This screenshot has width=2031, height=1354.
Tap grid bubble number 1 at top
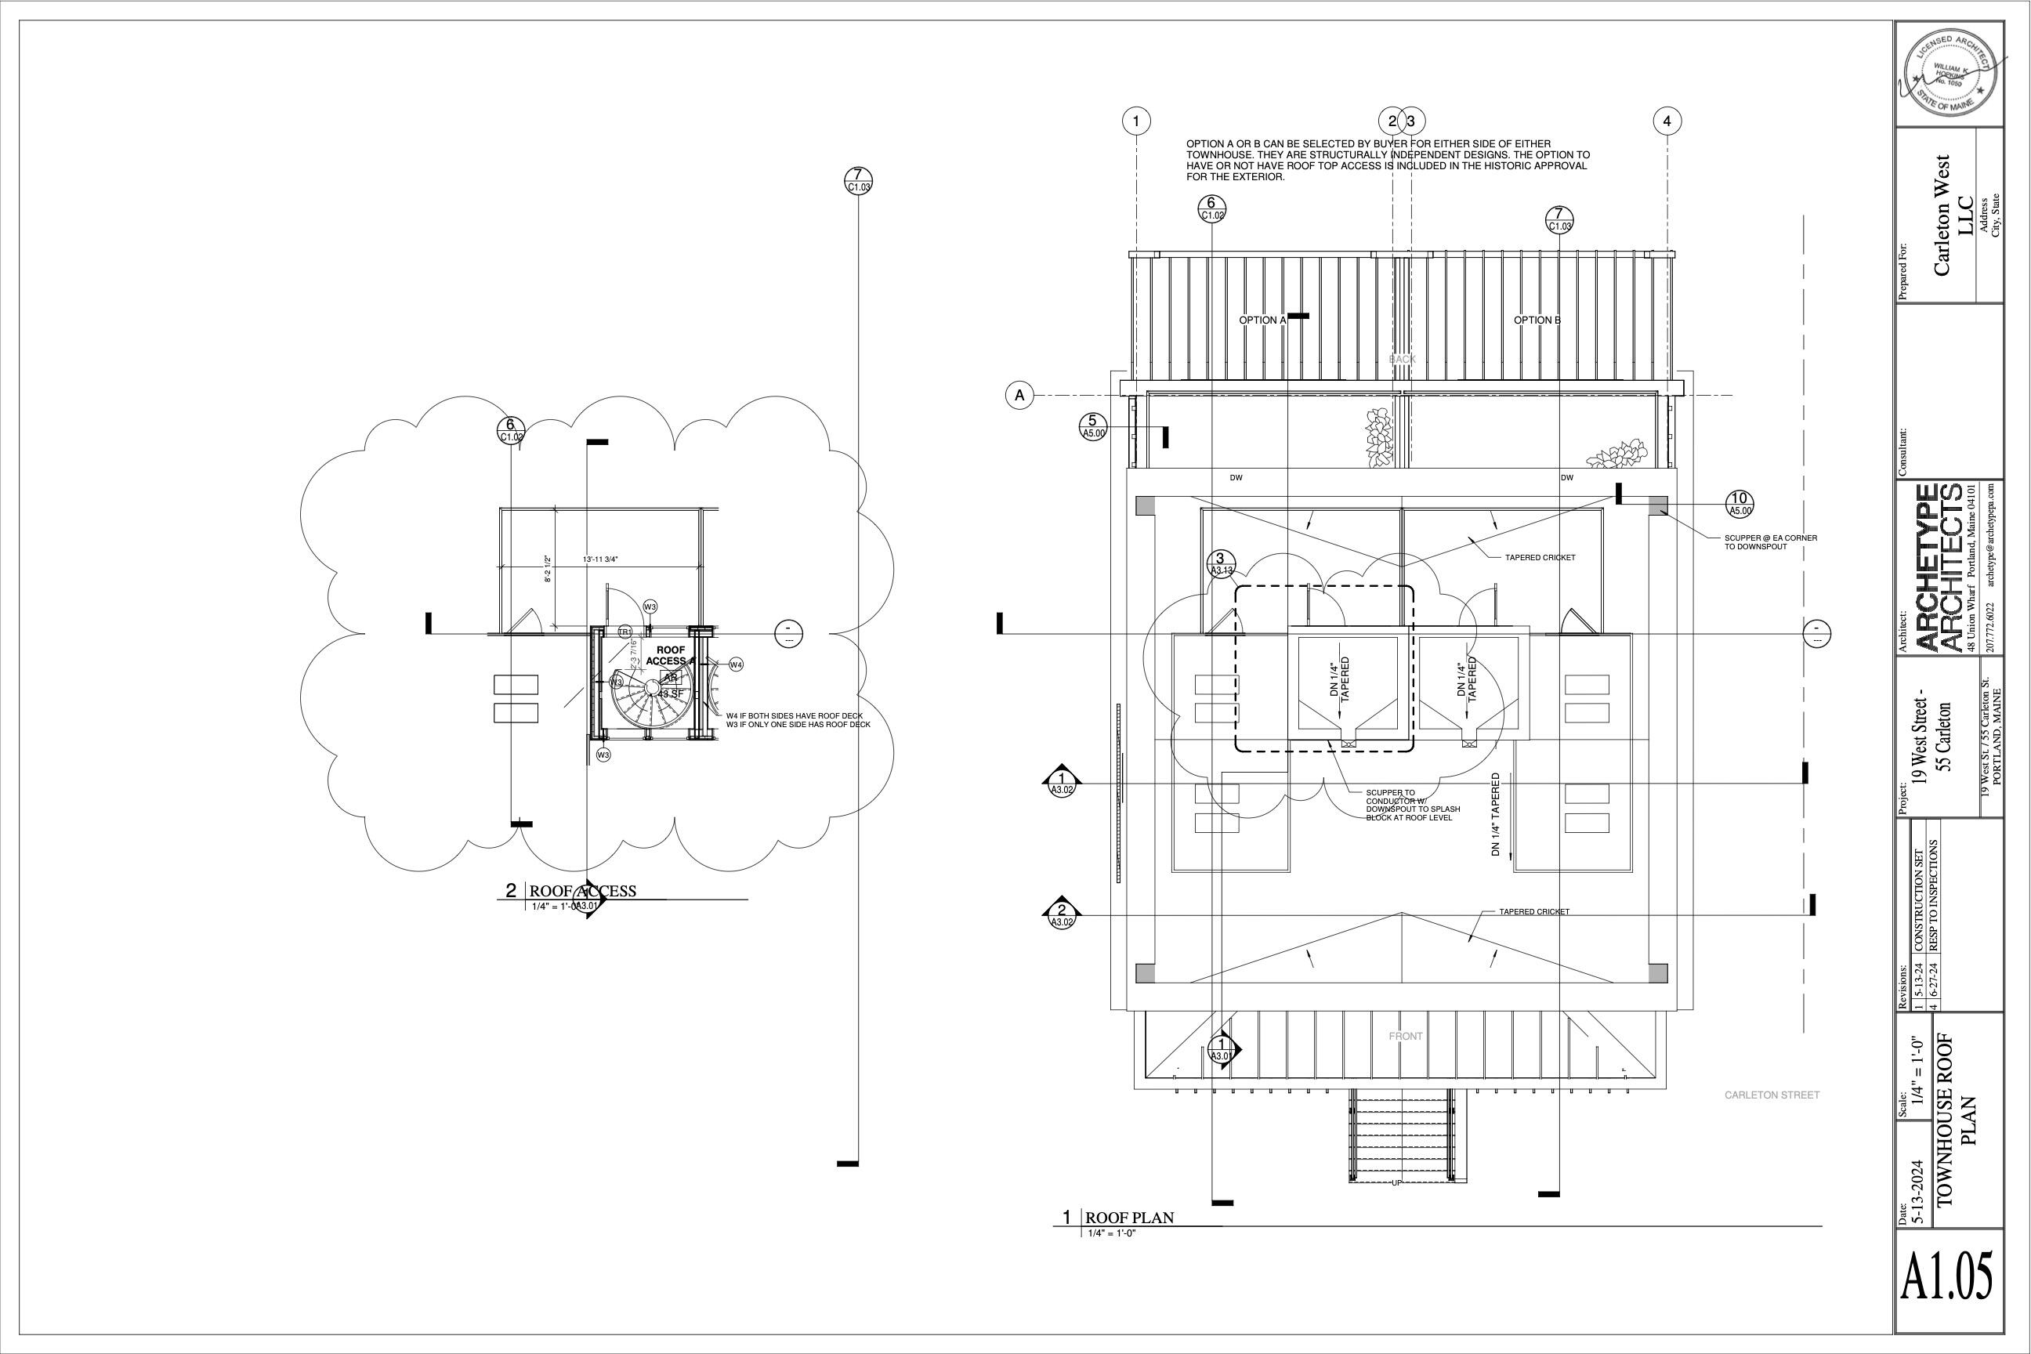click(1136, 121)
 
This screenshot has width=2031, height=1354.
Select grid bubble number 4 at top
click(1667, 121)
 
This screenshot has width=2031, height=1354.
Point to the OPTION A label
click(1262, 320)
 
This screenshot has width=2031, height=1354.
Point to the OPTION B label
click(1537, 320)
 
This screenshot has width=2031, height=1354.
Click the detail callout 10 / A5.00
click(1740, 502)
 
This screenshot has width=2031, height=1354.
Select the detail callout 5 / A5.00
click(1093, 426)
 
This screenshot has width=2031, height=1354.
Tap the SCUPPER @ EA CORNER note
click(1770, 542)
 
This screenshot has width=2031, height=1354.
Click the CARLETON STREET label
click(1771, 1095)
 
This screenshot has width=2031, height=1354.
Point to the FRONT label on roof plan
click(1405, 1036)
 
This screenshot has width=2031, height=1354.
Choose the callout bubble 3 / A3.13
click(1221, 563)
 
